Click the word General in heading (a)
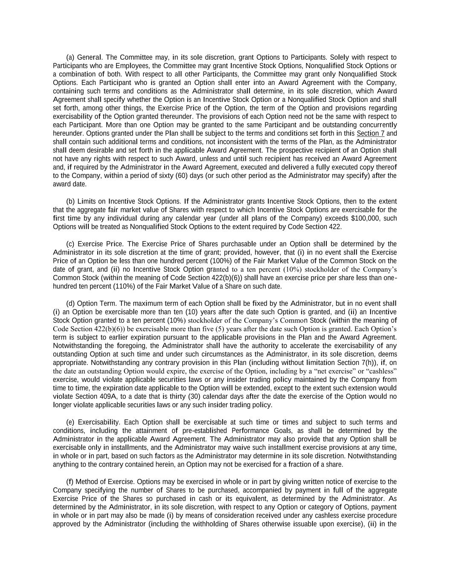point(90,57)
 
